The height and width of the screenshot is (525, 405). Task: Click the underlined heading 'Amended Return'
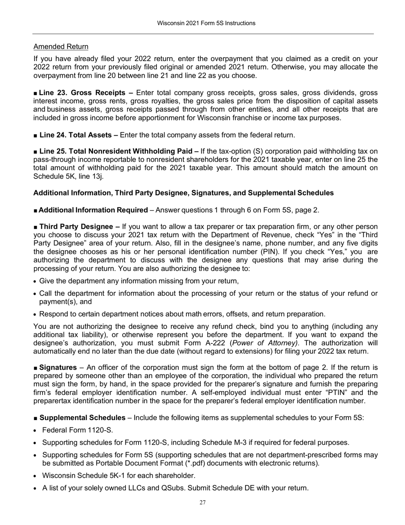tap(61, 47)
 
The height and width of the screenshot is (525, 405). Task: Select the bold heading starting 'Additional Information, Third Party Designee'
tap(183, 193)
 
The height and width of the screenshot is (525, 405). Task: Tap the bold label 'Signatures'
tap(58, 367)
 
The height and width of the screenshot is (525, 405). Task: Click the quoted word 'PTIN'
tap(331, 392)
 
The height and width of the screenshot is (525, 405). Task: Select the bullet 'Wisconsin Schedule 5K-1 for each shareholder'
tap(119, 475)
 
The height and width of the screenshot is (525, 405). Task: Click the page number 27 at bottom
tap(202, 502)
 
